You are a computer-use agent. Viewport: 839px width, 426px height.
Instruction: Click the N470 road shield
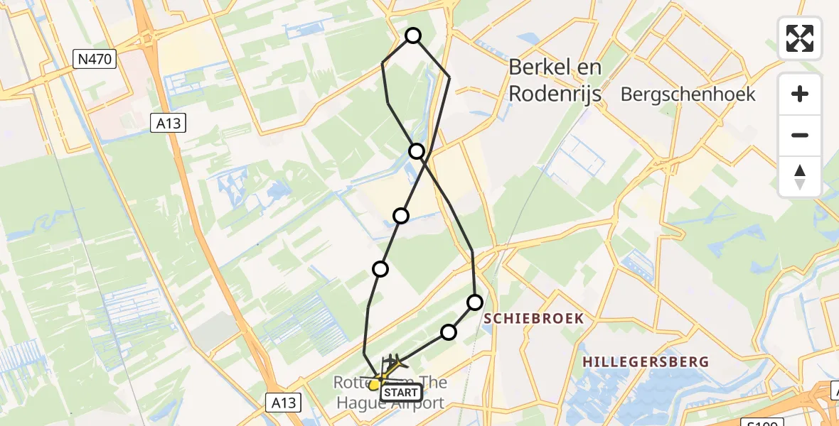pyautogui.click(x=95, y=59)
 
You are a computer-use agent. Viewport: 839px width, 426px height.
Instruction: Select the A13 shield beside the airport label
pyautogui.click(x=284, y=403)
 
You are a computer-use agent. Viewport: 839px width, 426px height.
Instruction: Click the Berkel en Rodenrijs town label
pyautogui.click(x=555, y=80)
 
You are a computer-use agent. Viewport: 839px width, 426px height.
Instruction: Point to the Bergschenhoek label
pyautogui.click(x=688, y=94)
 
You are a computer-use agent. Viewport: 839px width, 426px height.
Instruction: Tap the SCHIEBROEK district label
pyautogui.click(x=533, y=319)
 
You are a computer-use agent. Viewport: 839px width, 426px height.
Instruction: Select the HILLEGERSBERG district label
pyautogui.click(x=646, y=362)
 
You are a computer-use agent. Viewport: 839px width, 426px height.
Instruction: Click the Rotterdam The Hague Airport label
pyautogui.click(x=390, y=393)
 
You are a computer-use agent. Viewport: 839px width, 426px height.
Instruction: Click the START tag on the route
pyautogui.click(x=402, y=392)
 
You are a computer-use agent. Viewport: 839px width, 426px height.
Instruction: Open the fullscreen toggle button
pyautogui.click(x=800, y=38)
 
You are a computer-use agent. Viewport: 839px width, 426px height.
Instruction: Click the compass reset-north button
pyautogui.click(x=800, y=176)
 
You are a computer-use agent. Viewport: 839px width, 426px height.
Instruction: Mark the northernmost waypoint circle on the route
pyautogui.click(x=413, y=35)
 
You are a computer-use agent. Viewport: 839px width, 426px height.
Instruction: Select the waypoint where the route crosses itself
pyautogui.click(x=417, y=151)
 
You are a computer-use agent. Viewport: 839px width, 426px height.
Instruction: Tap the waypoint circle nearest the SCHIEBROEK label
pyautogui.click(x=474, y=302)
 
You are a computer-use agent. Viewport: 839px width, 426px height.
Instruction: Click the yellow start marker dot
pyautogui.click(x=374, y=385)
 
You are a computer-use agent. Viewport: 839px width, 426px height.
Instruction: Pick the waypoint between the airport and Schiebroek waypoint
pyautogui.click(x=449, y=332)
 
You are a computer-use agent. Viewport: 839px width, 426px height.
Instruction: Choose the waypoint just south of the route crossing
pyautogui.click(x=402, y=215)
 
